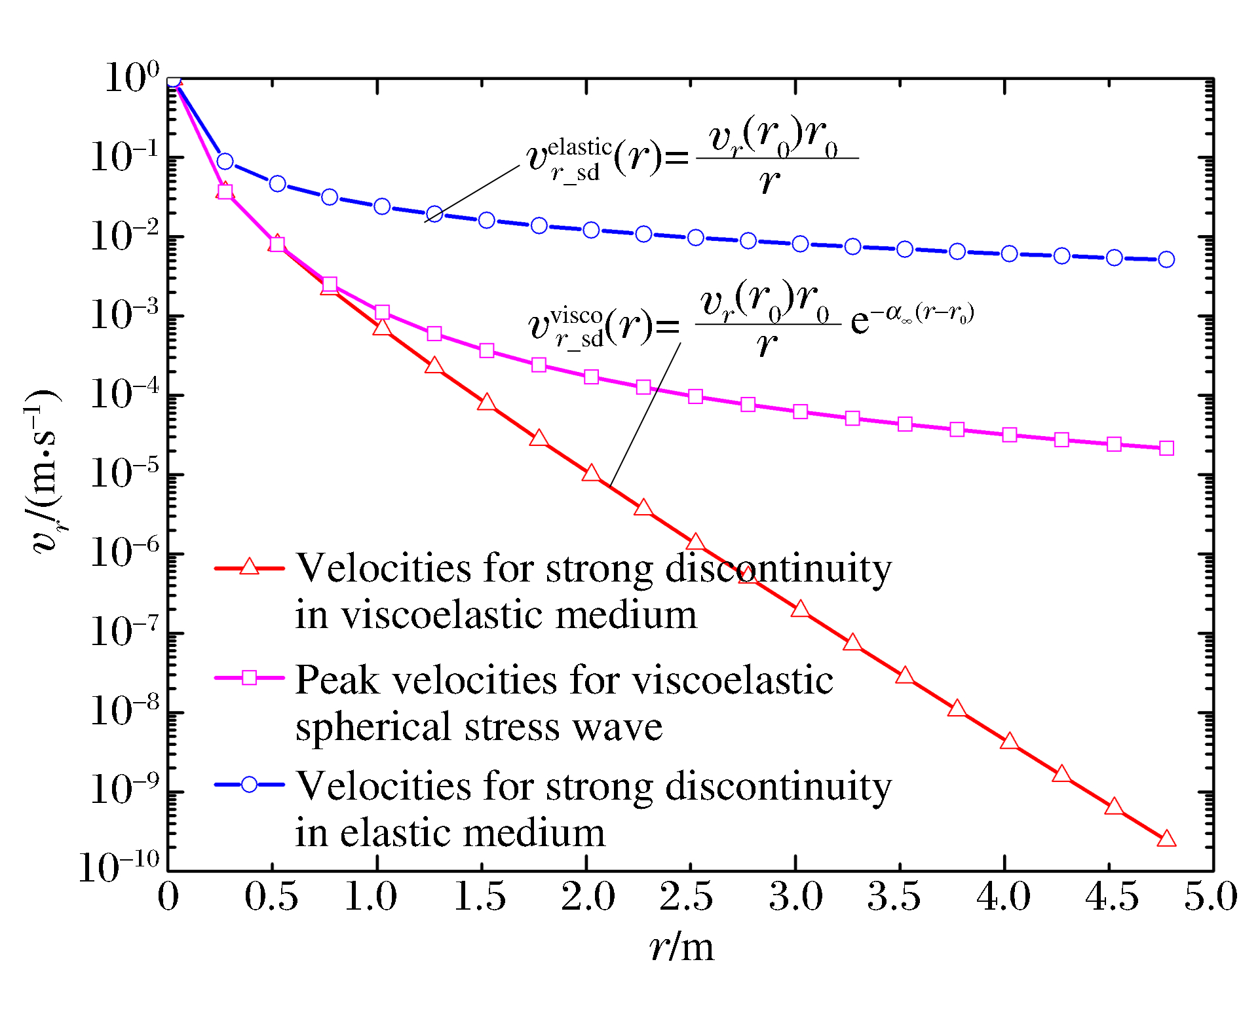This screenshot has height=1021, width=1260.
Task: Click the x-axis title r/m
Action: pyautogui.click(x=681, y=947)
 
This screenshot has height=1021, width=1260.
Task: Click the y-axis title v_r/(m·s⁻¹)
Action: pyautogui.click(x=43, y=472)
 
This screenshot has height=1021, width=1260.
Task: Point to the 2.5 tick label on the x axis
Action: pyautogui.click(x=686, y=897)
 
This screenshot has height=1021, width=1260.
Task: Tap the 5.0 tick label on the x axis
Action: pyautogui.click(x=1210, y=897)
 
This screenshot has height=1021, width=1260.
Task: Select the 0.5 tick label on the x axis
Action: pyautogui.click(x=271, y=897)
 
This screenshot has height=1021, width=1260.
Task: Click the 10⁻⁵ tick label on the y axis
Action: pyautogui.click(x=124, y=473)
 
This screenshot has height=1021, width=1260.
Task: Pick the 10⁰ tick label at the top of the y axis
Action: pyautogui.click(x=131, y=77)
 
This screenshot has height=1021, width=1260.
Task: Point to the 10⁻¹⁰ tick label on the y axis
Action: pyautogui.click(x=119, y=868)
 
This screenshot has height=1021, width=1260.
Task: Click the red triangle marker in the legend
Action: pyautogui.click(x=249, y=567)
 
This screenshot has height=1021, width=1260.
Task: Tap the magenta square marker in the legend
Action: pyautogui.click(x=249, y=678)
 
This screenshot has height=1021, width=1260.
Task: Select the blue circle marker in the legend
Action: pyautogui.click(x=249, y=785)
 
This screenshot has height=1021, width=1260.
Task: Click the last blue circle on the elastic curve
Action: pyautogui.click(x=1166, y=259)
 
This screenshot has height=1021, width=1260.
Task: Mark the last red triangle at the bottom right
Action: pyautogui.click(x=1166, y=839)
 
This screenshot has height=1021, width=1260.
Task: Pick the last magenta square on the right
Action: pyautogui.click(x=1166, y=448)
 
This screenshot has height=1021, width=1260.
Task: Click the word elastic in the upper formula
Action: pyautogui.click(x=579, y=147)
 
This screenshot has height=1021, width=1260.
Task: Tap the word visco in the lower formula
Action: pyautogui.click(x=576, y=316)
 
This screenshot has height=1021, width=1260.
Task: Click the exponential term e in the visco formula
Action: pyautogui.click(x=860, y=321)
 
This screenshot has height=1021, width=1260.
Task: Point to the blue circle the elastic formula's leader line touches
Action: pyautogui.click(x=434, y=214)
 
